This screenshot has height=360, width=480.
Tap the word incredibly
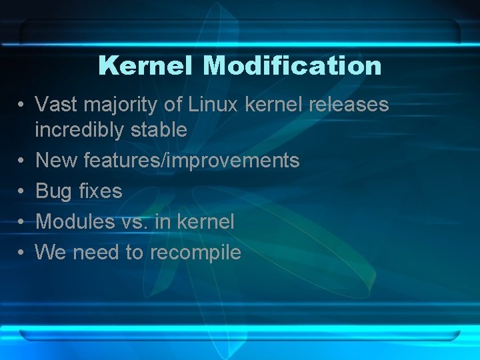[x=80, y=130]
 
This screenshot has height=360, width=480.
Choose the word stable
[x=159, y=129]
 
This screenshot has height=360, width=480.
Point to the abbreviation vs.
[x=136, y=222]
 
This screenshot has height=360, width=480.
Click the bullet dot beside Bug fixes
[x=22, y=192]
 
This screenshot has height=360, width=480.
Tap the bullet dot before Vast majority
[x=22, y=105]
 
